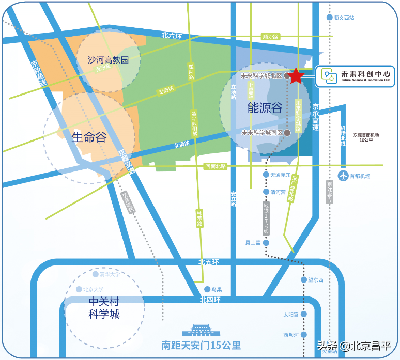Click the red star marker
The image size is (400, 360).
point(296,76)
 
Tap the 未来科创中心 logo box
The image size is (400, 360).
point(355,76)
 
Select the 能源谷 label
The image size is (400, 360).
point(265,107)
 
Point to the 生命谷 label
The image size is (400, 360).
point(89,137)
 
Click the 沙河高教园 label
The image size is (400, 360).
point(108,60)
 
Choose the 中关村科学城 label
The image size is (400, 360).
point(104,307)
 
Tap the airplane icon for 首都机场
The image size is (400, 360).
point(343,176)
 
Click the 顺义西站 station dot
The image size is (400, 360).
point(329,18)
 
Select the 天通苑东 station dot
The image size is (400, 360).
point(266,175)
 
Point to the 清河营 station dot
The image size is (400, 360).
point(266,192)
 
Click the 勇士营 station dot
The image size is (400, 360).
point(266,242)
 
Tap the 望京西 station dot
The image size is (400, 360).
point(304,280)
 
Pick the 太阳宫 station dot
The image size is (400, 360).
point(304,314)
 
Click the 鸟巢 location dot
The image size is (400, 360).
point(207,289)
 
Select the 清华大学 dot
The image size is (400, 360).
point(95,275)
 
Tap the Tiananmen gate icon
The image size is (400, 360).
point(201,330)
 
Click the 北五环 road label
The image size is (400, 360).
point(209,262)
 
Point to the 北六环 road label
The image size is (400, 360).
point(172,36)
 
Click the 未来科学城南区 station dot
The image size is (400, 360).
point(287,133)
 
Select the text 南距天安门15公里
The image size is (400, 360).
point(201,346)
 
